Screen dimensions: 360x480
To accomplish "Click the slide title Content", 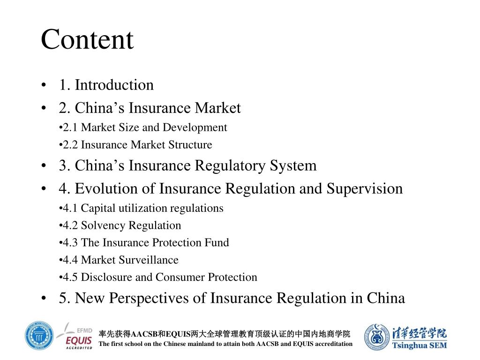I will tap(87, 39).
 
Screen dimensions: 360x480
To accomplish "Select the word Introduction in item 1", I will tap(114, 85).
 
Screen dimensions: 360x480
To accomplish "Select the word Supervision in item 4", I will tap(365, 189).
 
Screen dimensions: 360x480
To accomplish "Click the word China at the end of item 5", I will tap(386, 299).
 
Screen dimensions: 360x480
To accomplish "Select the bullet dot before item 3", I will tap(44, 166).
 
